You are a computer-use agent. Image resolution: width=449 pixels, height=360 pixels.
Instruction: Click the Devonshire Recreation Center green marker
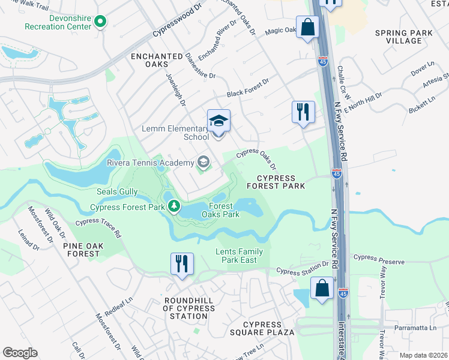pyautogui.click(x=100, y=23)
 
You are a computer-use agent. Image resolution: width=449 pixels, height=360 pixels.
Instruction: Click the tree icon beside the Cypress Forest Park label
pyautogui.click(x=174, y=207)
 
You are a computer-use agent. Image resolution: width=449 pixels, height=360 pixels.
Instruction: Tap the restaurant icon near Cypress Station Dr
pyautogui.click(x=181, y=263)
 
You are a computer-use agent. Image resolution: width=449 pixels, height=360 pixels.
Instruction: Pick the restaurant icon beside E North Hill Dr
pyautogui.click(x=303, y=112)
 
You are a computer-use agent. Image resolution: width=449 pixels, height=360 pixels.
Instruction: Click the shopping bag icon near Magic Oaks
pyautogui.click(x=307, y=28)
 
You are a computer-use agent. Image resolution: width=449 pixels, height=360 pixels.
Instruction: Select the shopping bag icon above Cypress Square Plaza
pyautogui.click(x=322, y=289)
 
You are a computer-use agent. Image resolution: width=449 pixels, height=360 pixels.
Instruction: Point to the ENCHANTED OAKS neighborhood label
pyautogui.click(x=157, y=61)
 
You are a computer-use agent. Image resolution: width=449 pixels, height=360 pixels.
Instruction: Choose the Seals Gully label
pyautogui.click(x=118, y=192)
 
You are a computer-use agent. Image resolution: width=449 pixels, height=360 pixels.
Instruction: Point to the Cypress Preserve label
pyautogui.click(x=379, y=262)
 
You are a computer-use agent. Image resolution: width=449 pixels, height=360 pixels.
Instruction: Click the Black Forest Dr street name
pyautogui.click(x=248, y=88)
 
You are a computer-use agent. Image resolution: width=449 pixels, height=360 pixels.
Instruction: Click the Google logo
pyautogui.click(x=20, y=353)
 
